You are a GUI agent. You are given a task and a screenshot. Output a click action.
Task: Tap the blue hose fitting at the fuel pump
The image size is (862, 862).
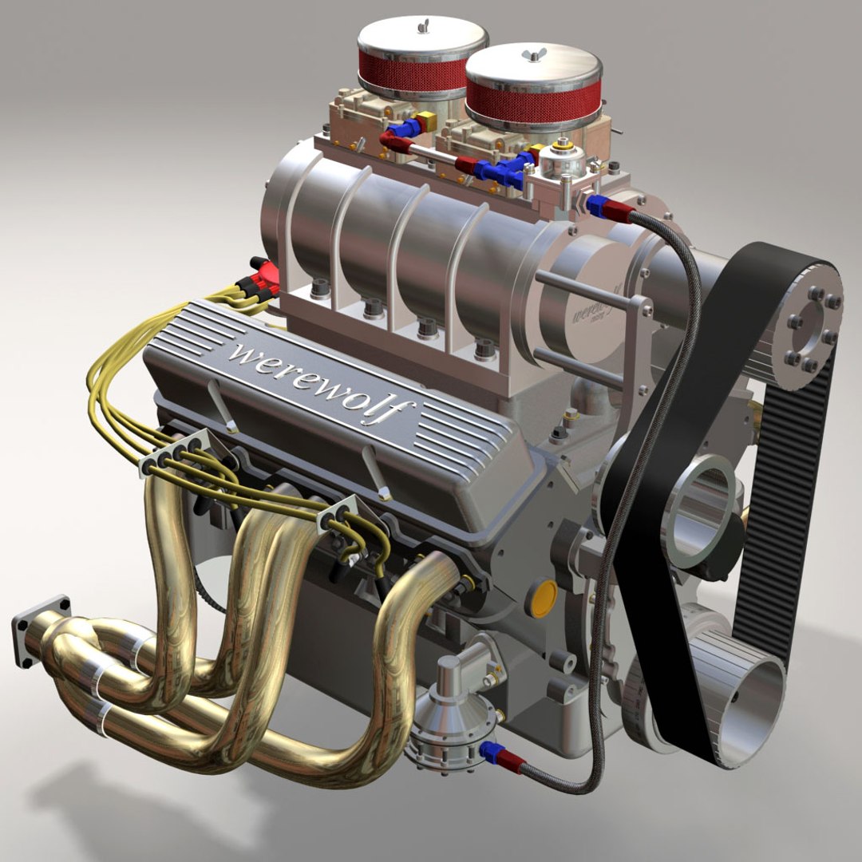[x=490, y=750]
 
